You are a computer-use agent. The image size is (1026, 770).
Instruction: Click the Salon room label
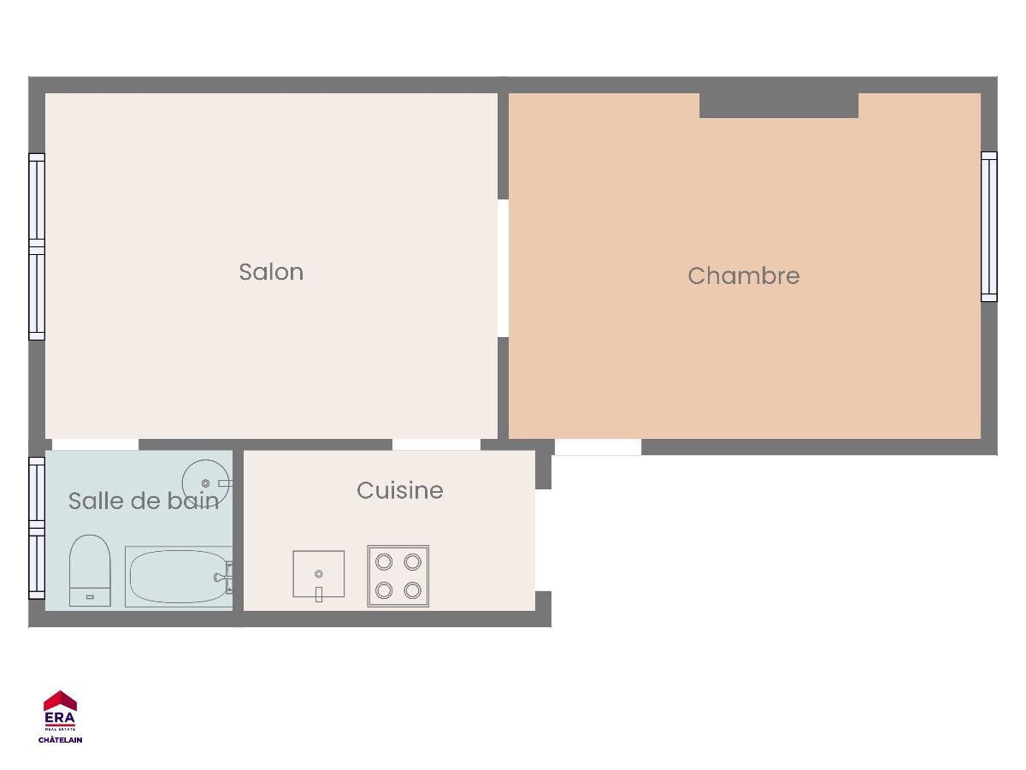[271, 272]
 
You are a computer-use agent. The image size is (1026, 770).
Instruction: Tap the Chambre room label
[743, 275]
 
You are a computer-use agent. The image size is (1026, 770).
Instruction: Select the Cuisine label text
[399, 490]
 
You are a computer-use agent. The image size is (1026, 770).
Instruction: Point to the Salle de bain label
[144, 500]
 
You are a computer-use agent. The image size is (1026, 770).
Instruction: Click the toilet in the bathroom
[90, 571]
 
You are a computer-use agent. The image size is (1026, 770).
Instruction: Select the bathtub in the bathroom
[179, 577]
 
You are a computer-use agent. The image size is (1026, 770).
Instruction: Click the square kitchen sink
[319, 574]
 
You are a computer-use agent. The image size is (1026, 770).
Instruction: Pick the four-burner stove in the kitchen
[398, 576]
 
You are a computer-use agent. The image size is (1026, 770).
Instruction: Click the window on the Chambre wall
[988, 227]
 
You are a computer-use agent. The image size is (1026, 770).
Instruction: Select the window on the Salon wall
[37, 246]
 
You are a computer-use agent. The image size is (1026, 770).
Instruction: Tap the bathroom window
[37, 528]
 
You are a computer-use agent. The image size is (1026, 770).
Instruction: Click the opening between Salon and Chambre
[503, 269]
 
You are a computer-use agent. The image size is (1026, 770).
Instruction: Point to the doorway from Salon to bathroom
[96, 445]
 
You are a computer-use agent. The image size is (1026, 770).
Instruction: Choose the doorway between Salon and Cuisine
[436, 445]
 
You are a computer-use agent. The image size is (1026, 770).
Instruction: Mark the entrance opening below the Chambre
[598, 447]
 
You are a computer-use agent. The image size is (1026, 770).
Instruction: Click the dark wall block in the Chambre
[779, 105]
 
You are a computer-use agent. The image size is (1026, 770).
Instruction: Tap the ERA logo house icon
[60, 701]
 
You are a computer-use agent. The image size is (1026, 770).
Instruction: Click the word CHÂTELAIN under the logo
[61, 739]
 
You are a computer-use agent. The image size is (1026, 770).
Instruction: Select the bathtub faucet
[224, 577]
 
